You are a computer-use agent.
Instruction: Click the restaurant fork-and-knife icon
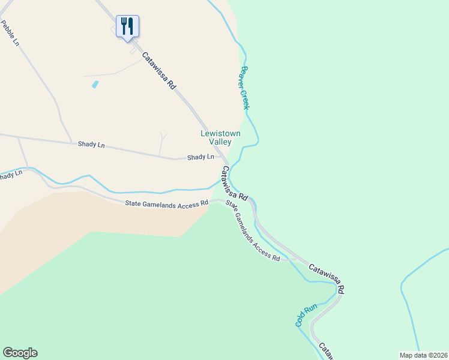[x=127, y=26]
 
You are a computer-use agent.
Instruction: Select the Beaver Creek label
[x=244, y=88]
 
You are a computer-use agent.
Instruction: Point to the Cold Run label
[x=306, y=316]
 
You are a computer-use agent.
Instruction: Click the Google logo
[x=20, y=353]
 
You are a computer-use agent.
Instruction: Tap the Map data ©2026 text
[x=424, y=355]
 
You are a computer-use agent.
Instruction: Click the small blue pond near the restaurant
[x=95, y=85]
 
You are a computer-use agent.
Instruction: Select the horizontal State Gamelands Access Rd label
[x=166, y=204]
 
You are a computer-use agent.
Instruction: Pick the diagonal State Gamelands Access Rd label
[x=253, y=230]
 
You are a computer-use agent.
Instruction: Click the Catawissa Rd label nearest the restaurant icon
[x=159, y=71]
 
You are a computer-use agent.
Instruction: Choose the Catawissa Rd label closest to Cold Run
[x=327, y=278]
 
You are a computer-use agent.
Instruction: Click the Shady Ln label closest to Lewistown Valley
[x=200, y=157]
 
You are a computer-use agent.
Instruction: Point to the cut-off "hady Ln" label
[x=11, y=175]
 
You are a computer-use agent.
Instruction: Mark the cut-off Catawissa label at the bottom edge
[x=324, y=350]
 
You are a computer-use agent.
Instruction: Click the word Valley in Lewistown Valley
[x=220, y=142]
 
